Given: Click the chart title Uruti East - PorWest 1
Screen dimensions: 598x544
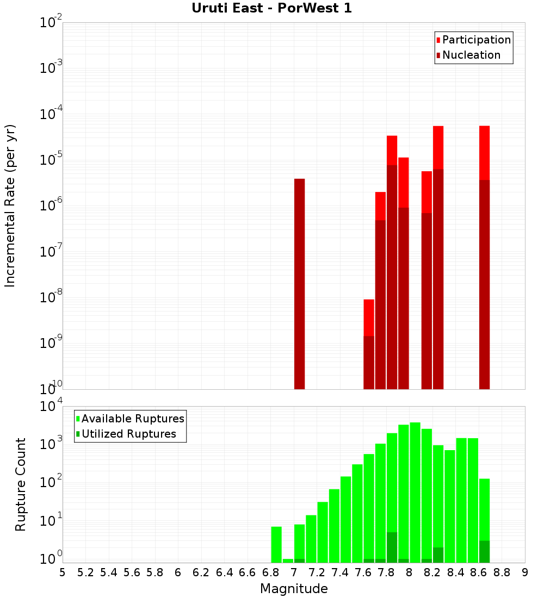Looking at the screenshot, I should (271, 9).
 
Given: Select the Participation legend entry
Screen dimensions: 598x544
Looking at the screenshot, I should (477, 40).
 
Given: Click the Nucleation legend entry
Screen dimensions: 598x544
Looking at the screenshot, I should (471, 55).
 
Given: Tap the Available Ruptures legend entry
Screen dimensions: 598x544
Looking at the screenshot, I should (133, 419).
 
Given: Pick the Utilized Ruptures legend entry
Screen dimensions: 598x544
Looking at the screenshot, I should (128, 434).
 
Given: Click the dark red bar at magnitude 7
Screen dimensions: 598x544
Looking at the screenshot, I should (299, 283).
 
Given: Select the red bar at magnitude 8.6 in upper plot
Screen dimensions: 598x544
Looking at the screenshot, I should (484, 152).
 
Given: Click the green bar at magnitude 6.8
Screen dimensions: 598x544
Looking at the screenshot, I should (276, 544).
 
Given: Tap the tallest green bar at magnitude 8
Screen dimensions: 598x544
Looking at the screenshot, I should (415, 489).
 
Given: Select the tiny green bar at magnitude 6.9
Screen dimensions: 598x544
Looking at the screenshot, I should (288, 560).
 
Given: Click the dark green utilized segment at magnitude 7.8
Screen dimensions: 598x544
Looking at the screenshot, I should (392, 547).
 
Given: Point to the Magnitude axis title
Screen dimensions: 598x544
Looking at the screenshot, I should (294, 589).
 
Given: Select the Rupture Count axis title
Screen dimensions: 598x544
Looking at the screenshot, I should (21, 484).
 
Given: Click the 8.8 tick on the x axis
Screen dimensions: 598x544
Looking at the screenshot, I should (502, 572).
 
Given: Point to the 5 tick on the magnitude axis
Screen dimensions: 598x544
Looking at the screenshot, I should (63, 572).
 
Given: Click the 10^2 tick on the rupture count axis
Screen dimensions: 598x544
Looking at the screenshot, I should (52, 483).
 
